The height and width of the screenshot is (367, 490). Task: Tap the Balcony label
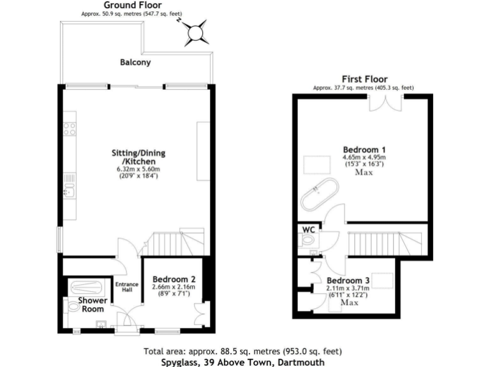pyautogui.click(x=135, y=62)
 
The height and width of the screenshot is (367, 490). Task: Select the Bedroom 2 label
pyautogui.click(x=174, y=279)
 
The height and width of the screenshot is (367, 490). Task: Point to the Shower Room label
pyautogui.click(x=91, y=305)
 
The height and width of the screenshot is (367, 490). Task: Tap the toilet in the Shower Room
pyautogui.click(x=75, y=308)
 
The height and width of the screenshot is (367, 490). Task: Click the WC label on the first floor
pyautogui.click(x=308, y=228)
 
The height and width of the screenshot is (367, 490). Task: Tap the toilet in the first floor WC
pyautogui.click(x=308, y=241)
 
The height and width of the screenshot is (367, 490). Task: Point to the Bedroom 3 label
pyautogui.click(x=348, y=280)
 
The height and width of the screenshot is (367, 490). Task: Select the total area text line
pyautogui.click(x=242, y=351)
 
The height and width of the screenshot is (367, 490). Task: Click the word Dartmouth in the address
pyautogui.click(x=301, y=361)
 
